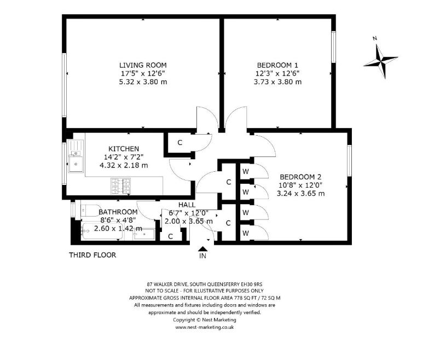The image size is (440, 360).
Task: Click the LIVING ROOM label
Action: pyautogui.click(x=143, y=65)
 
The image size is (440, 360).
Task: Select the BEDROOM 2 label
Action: pyautogui.click(x=300, y=177)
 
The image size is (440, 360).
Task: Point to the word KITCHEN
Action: pyautogui.click(x=124, y=149)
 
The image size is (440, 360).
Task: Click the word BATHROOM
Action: pyautogui.click(x=118, y=212)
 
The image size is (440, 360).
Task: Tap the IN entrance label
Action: pyautogui.click(x=202, y=256)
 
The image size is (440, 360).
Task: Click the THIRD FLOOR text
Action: pyautogui.click(x=92, y=255)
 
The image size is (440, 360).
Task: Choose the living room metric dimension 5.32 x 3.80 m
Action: pyautogui.click(x=143, y=82)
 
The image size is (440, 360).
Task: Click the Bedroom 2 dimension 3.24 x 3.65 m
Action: pyautogui.click(x=300, y=193)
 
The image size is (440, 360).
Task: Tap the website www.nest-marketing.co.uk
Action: pyautogui.click(x=205, y=327)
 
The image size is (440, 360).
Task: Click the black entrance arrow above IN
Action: pyautogui.click(x=202, y=248)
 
